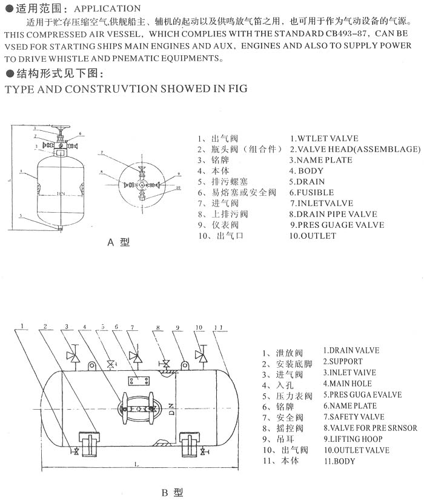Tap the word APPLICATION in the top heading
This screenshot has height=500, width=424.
click(108, 8)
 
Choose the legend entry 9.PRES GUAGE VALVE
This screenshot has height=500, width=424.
click(336, 225)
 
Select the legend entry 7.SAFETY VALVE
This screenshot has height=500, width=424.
click(353, 417)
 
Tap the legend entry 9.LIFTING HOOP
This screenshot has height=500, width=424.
click(353, 439)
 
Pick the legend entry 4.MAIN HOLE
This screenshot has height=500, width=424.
click(347, 384)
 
